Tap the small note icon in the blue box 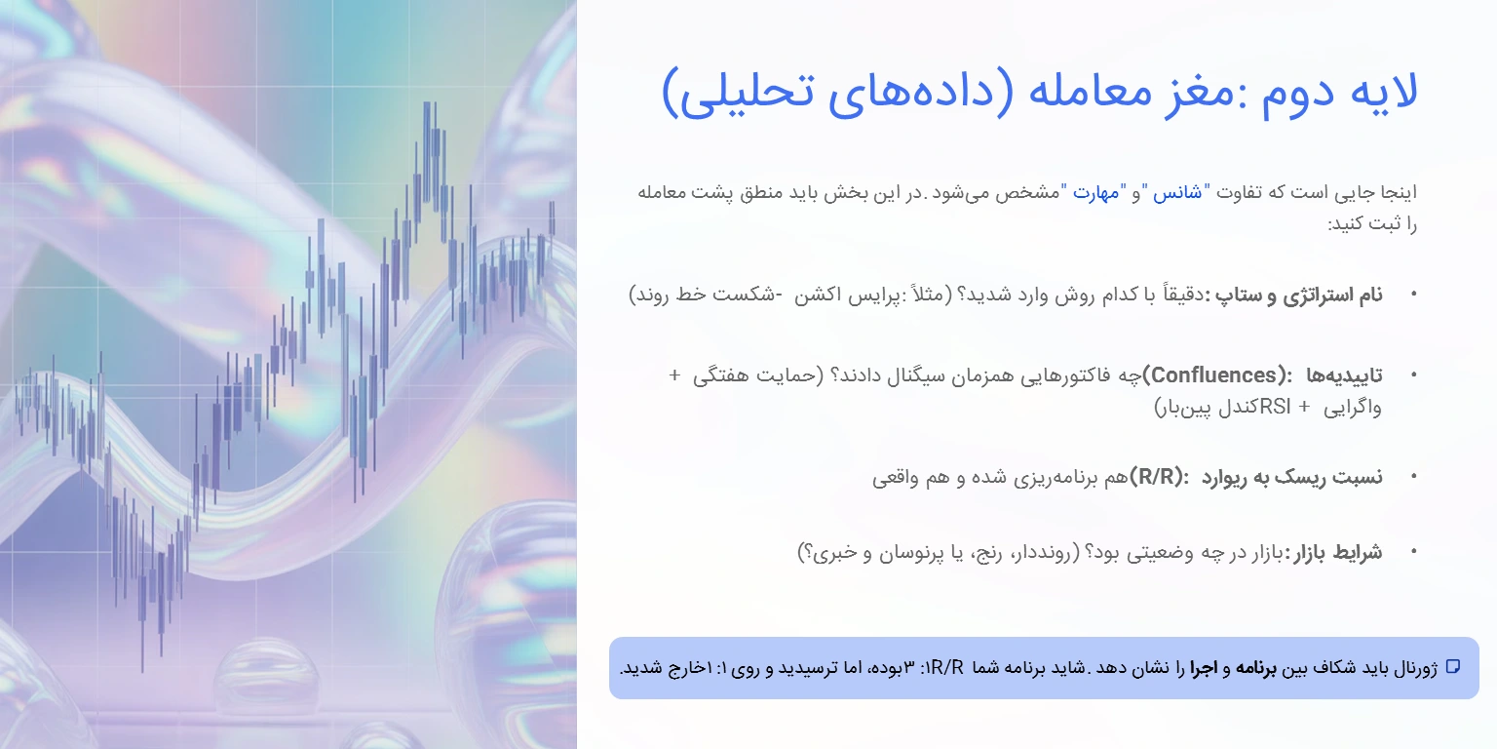1452,667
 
